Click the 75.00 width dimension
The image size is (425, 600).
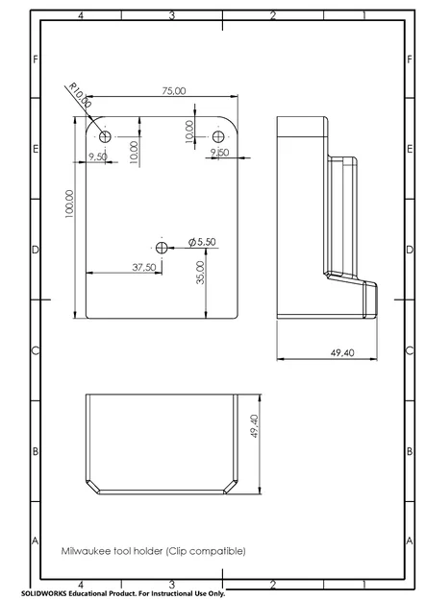(x=174, y=91)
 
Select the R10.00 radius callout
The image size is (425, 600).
(x=80, y=95)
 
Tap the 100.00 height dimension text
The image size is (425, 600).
(x=69, y=204)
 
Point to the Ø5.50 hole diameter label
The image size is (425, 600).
(x=202, y=242)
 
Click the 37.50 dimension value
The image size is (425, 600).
(x=143, y=267)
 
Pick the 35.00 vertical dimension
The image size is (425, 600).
(x=200, y=273)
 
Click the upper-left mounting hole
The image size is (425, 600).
(x=105, y=136)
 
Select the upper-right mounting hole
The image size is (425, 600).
(x=218, y=136)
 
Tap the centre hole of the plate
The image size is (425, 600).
(x=162, y=248)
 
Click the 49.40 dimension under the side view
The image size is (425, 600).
(x=342, y=353)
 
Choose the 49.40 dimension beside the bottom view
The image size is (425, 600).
(x=254, y=426)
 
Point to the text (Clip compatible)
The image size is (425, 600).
(x=206, y=551)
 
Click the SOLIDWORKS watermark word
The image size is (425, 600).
(x=43, y=593)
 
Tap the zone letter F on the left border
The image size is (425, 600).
(x=36, y=60)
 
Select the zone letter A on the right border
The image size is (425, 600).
(x=410, y=540)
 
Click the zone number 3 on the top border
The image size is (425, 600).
(x=172, y=15)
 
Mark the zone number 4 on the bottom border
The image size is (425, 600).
(x=81, y=585)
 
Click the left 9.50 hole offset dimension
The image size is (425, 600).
(x=98, y=156)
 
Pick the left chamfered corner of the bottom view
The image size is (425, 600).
(x=92, y=485)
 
